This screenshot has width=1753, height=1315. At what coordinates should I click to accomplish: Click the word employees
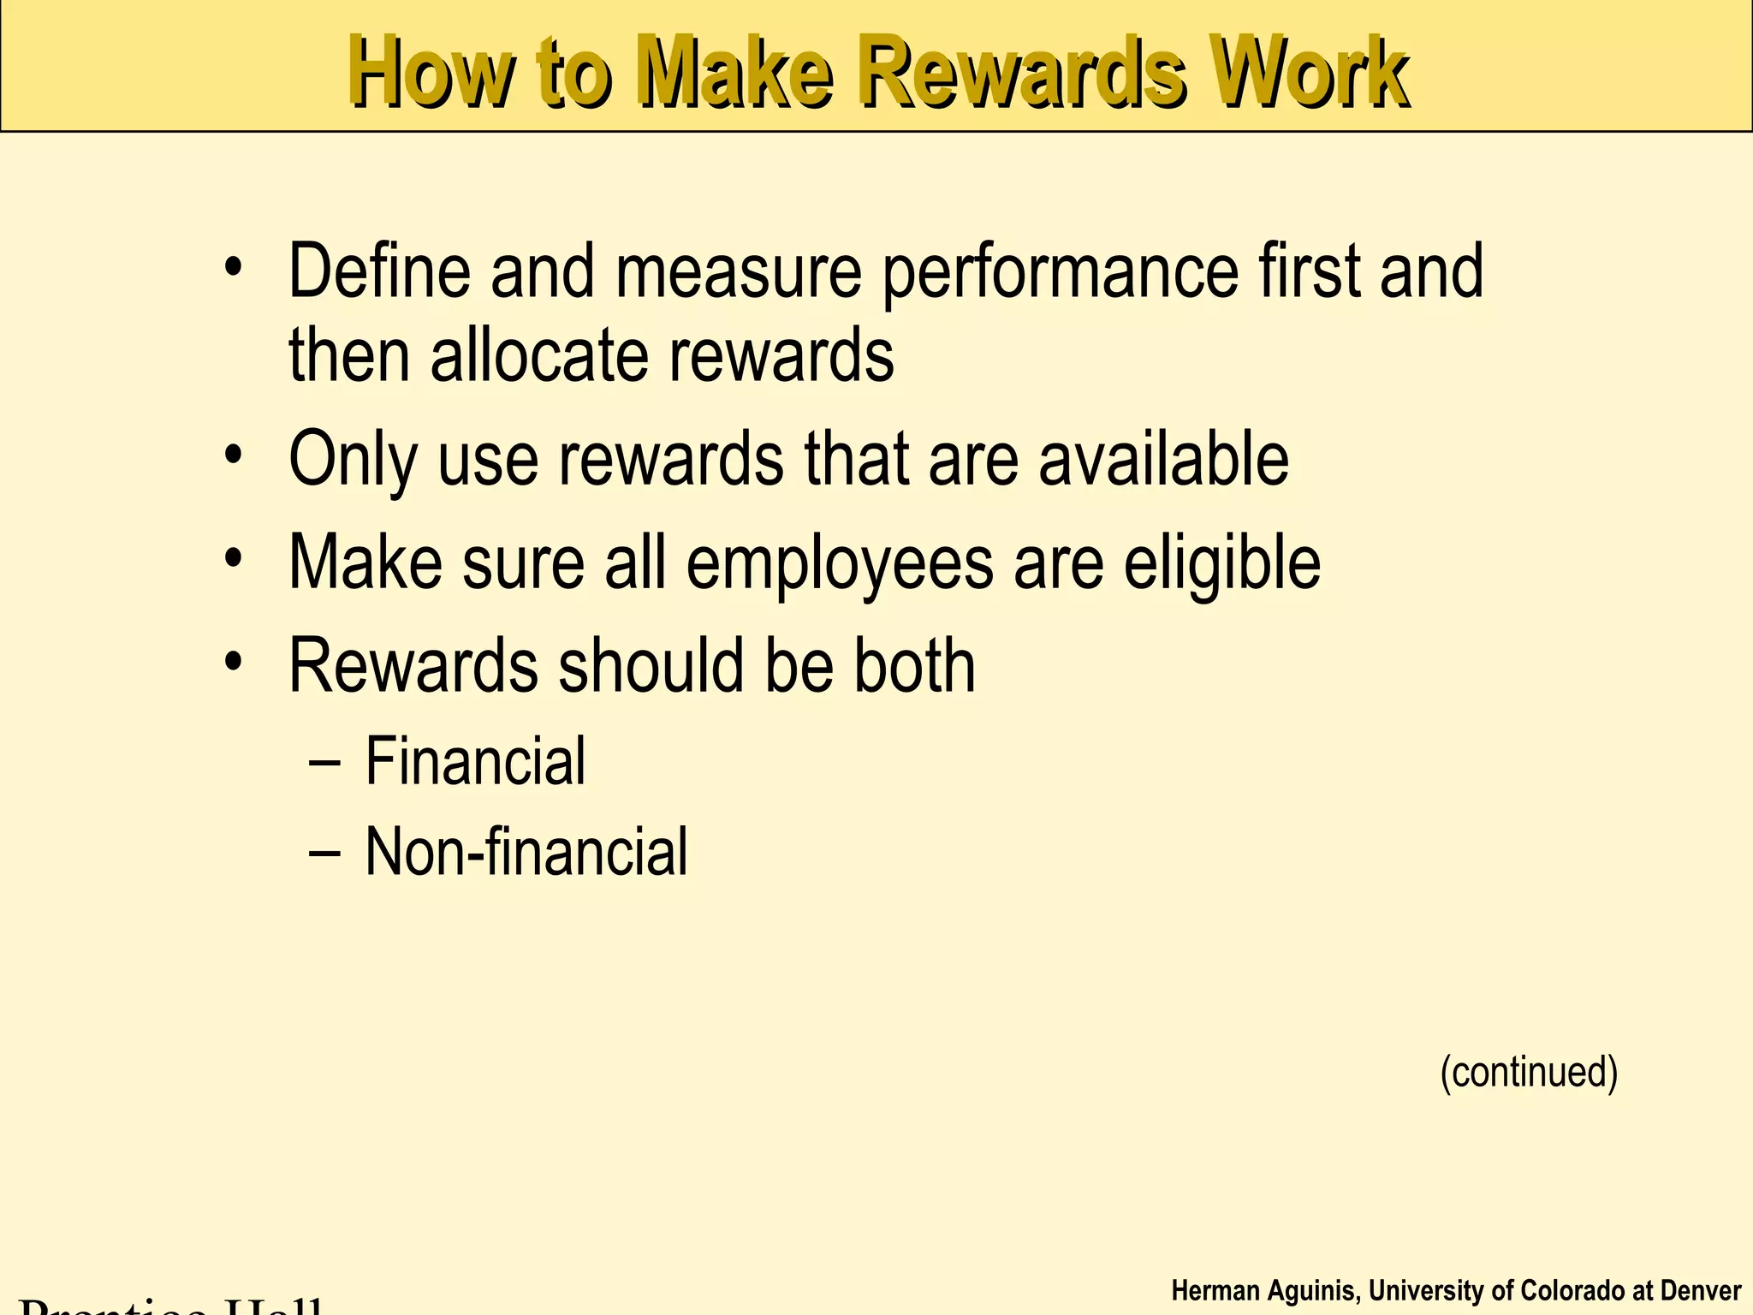coord(840,565)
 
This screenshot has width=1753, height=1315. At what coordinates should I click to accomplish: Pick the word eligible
coord(1221,565)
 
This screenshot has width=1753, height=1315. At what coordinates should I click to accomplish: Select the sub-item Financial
coord(475,761)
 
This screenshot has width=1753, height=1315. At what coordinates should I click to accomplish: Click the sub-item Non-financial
coord(526,852)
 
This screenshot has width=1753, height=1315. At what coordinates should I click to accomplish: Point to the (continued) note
coord(1529,1072)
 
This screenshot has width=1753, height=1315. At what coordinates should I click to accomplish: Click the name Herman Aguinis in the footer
coord(1263,1291)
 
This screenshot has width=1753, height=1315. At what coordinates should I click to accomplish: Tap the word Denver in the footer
coord(1700,1291)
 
